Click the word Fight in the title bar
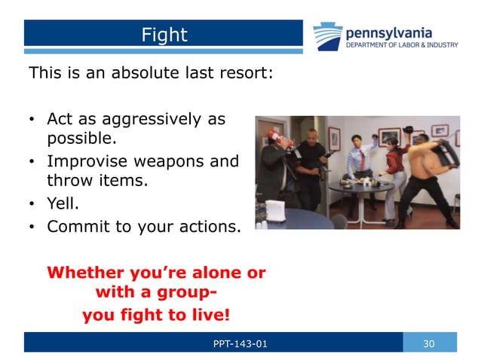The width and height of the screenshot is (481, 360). (x=164, y=35)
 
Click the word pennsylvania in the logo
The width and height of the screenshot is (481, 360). (x=389, y=32)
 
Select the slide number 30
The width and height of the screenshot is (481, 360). (x=429, y=343)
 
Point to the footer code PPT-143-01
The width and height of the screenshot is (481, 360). (x=240, y=344)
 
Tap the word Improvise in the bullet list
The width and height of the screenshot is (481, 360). (x=84, y=160)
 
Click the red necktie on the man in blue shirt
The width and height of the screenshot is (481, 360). (x=360, y=161)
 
